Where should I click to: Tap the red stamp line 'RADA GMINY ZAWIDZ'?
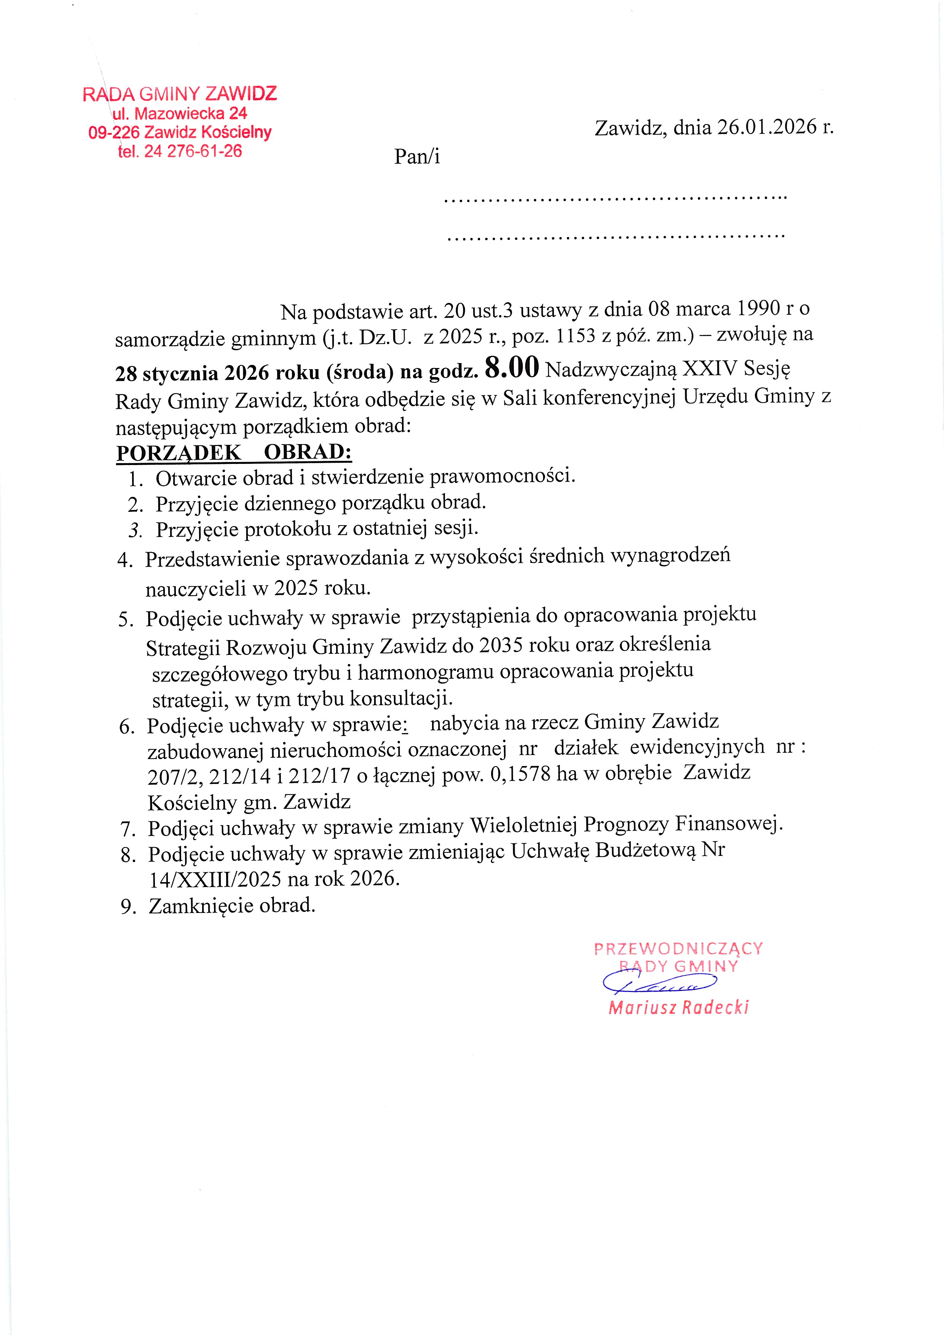(x=180, y=94)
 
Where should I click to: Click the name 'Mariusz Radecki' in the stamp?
(x=678, y=1008)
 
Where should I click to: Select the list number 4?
(x=125, y=560)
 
